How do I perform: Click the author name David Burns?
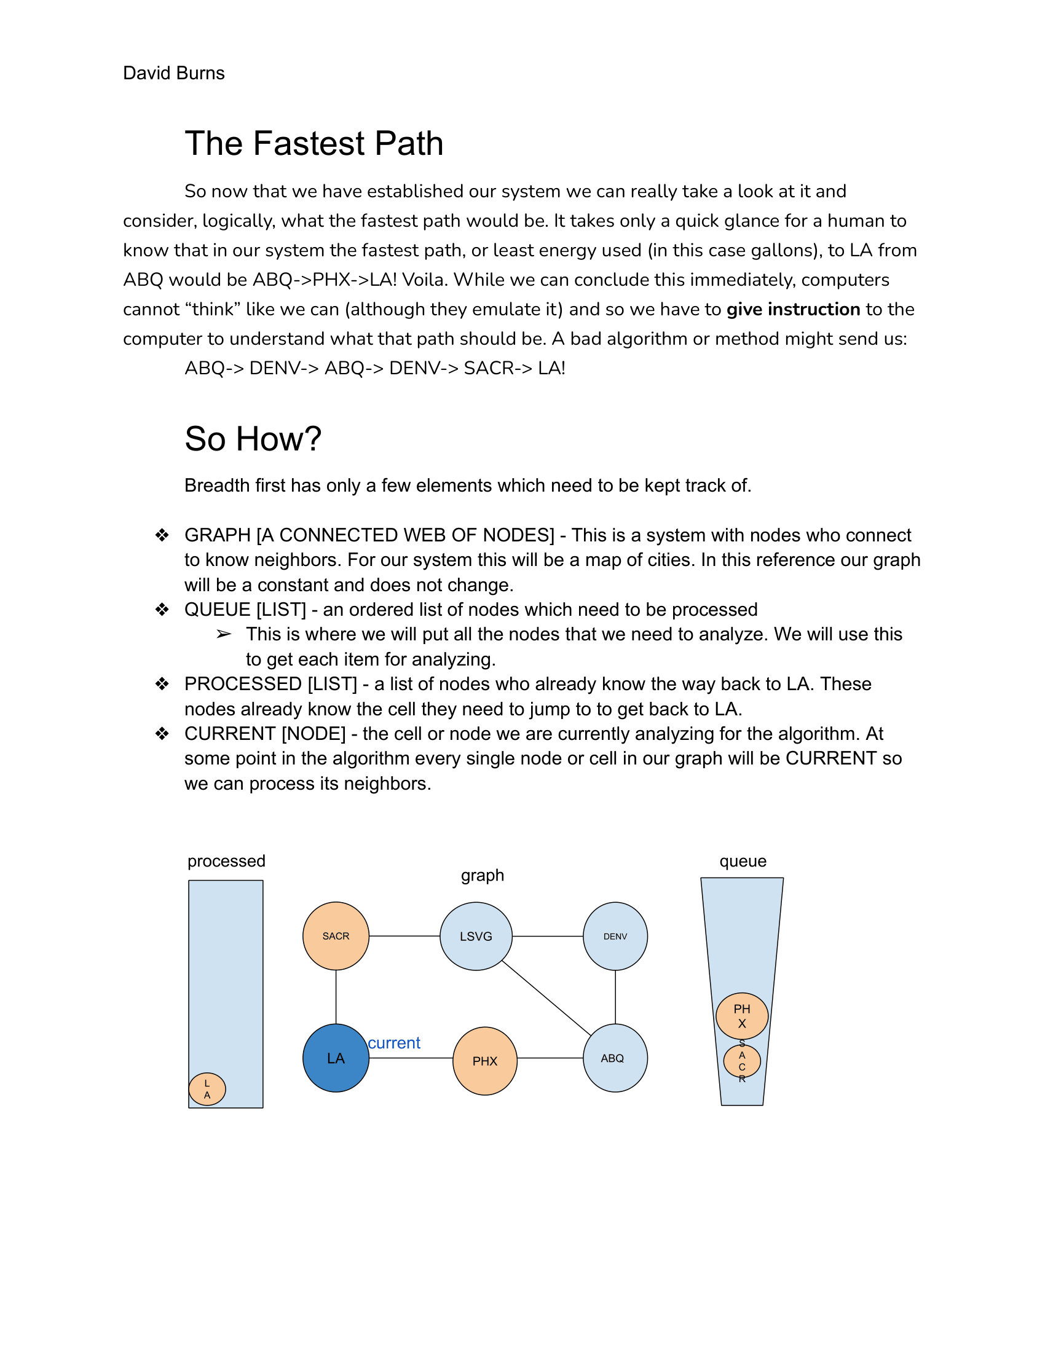click(x=173, y=73)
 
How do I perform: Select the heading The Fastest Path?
click(x=314, y=144)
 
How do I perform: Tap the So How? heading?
click(x=253, y=439)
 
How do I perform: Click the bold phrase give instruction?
click(x=793, y=309)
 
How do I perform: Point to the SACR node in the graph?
click(x=336, y=936)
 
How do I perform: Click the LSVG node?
click(x=475, y=936)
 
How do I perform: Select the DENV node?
click(x=615, y=936)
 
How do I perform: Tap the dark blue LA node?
click(x=336, y=1058)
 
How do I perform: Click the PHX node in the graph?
click(x=485, y=1061)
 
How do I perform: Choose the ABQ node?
click(x=615, y=1058)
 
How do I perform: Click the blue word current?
click(x=394, y=1043)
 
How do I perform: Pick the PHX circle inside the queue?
click(x=742, y=1016)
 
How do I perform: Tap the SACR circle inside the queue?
click(x=742, y=1061)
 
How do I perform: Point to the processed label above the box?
click(x=226, y=861)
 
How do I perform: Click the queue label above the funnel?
click(x=743, y=861)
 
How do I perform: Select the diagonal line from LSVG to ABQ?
click(x=546, y=998)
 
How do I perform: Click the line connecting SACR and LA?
click(x=336, y=997)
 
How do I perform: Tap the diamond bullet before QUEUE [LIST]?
click(x=162, y=610)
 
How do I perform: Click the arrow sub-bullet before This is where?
click(x=224, y=635)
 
